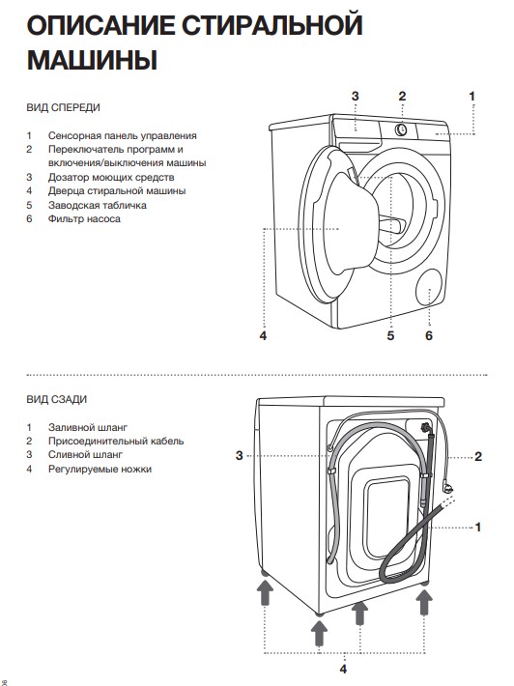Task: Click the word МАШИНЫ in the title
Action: click(x=93, y=60)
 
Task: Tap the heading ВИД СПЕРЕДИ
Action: click(x=64, y=107)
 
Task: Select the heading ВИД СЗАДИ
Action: click(x=57, y=399)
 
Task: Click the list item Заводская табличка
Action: click(x=98, y=205)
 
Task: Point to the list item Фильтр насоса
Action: click(x=84, y=218)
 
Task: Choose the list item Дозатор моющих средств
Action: click(x=111, y=177)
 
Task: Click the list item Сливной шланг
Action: click(x=85, y=455)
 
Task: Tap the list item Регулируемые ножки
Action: click(x=100, y=469)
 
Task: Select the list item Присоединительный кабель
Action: click(x=116, y=441)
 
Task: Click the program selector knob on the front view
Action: click(x=401, y=129)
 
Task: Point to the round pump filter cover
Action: click(x=429, y=287)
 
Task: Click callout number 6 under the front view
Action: click(x=429, y=335)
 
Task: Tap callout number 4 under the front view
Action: click(x=263, y=335)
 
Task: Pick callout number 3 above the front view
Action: click(x=355, y=96)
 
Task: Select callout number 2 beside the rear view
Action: click(x=478, y=457)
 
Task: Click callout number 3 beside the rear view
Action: click(x=239, y=455)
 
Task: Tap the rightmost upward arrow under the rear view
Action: click(x=423, y=602)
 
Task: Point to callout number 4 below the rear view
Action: click(x=343, y=669)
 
